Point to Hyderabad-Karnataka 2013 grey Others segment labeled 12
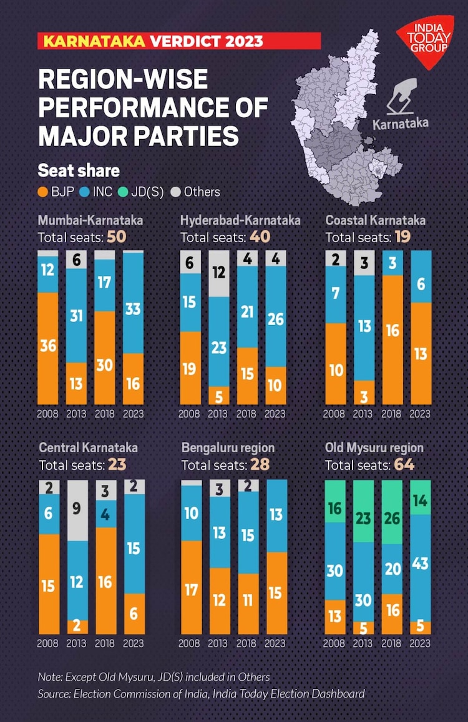[218, 273]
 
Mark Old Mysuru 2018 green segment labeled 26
[392, 512]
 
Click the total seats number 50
[117, 237]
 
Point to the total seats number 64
[404, 465]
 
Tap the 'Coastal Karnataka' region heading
[376, 220]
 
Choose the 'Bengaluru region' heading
[228, 448]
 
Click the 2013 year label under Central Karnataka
[76, 643]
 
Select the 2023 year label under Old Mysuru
[420, 643]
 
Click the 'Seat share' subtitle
[79, 170]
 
